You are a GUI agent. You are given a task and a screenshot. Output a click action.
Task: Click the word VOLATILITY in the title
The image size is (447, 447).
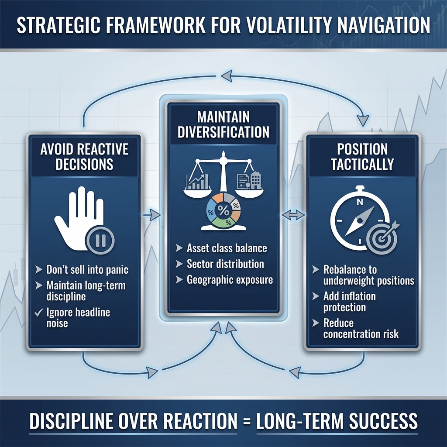point(288,25)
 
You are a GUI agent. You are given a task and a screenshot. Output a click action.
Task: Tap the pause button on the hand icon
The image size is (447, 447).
point(100,240)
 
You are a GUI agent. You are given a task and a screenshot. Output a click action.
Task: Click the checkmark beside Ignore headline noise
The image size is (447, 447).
point(38,313)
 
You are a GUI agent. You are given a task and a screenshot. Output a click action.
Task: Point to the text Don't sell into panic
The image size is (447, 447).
point(87,270)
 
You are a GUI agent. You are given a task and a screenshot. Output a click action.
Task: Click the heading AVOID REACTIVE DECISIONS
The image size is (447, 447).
point(84,157)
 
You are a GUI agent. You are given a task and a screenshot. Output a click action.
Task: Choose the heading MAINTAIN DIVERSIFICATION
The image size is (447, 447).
point(223,124)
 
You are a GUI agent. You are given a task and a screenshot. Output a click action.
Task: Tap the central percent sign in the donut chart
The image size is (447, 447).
point(223,210)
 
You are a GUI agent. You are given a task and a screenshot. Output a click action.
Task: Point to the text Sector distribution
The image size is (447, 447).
point(225,264)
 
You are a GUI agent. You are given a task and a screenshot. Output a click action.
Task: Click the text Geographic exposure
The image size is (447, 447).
point(230,280)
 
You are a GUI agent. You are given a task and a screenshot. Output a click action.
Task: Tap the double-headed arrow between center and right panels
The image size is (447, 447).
point(293,215)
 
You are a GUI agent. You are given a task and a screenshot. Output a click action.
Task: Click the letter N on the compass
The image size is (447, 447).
point(360,202)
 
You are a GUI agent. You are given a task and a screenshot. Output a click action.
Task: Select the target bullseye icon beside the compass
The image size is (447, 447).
point(382,238)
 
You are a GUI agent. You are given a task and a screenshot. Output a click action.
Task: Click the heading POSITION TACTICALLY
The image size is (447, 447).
point(362,157)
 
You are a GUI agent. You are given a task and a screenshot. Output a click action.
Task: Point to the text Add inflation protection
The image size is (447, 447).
point(350,302)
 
